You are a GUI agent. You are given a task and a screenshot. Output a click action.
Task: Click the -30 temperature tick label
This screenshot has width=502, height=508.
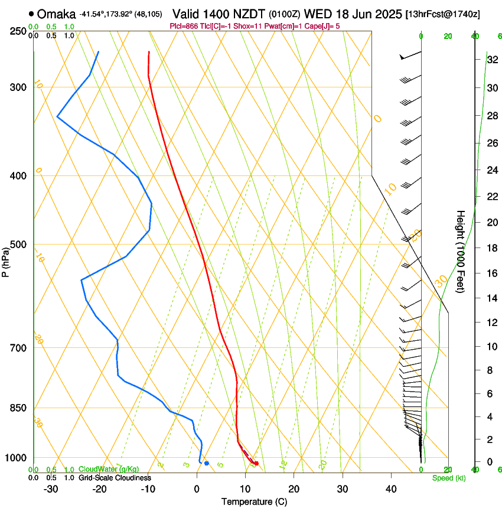point(50,489)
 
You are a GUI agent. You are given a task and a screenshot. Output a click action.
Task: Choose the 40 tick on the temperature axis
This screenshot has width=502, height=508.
point(391,489)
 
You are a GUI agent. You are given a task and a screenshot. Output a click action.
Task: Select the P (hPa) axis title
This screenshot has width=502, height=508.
point(6,260)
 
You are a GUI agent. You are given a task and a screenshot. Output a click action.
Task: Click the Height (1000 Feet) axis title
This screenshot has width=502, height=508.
point(461,252)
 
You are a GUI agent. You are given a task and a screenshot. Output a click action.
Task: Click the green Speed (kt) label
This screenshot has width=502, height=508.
point(446,478)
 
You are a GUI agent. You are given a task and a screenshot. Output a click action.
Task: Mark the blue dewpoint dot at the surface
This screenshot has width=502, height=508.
point(206,463)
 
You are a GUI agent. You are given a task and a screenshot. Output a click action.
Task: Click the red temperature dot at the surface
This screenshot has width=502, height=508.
point(256,463)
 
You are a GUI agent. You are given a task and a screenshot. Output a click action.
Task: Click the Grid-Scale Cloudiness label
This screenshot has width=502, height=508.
point(115,478)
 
